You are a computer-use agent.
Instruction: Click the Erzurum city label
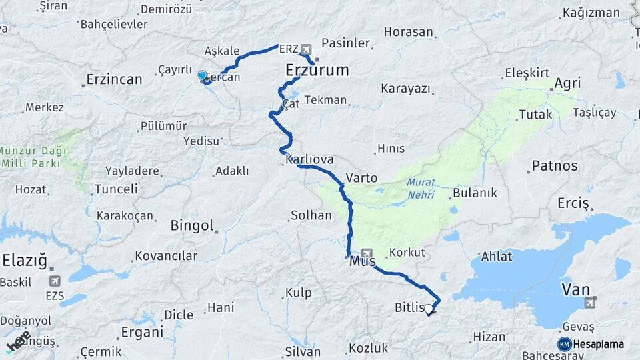pyautogui.click(x=317, y=70)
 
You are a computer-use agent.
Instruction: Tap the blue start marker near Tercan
pyautogui.click(x=203, y=76)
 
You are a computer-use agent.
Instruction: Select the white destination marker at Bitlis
pyautogui.click(x=429, y=309)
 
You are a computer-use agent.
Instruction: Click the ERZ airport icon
pyautogui.click(x=306, y=49)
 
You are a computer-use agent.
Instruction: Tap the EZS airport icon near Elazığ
pyautogui.click(x=54, y=281)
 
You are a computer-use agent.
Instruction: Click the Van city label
pyautogui.click(x=576, y=289)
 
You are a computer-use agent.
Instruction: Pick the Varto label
pyautogui.click(x=362, y=179)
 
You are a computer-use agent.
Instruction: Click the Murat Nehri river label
pyautogui.click(x=420, y=188)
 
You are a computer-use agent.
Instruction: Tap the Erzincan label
pyautogui.click(x=115, y=80)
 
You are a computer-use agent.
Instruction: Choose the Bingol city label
pyautogui.click(x=192, y=225)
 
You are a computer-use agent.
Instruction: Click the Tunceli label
pyautogui.click(x=116, y=189)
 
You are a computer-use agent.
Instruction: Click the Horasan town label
pyautogui.click(x=409, y=32)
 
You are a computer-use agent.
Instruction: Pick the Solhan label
pyautogui.click(x=311, y=215)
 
